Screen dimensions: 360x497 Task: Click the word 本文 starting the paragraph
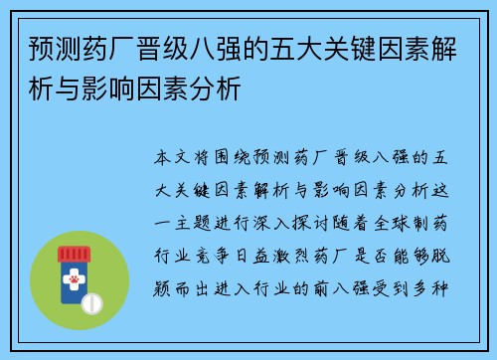coord(170,159)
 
